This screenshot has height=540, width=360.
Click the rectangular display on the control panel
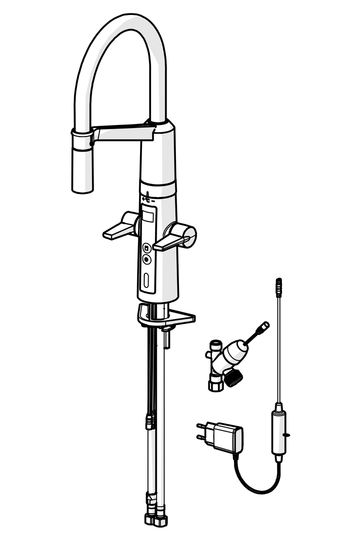click(148, 217)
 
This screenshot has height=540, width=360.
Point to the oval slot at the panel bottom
click(146, 282)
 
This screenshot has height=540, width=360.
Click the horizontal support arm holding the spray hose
click(122, 132)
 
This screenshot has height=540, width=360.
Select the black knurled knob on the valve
click(233, 376)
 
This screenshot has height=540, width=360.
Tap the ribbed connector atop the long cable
click(278, 287)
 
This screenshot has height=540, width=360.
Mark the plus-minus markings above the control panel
click(148, 198)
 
